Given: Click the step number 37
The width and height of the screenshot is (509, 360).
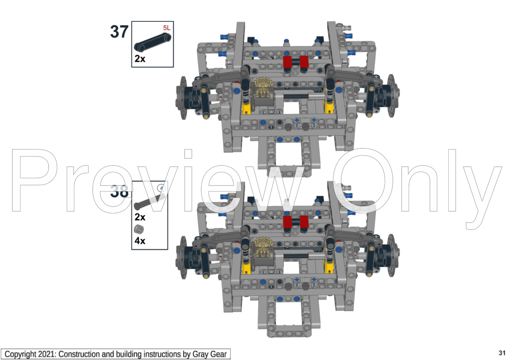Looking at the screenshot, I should click(x=119, y=32).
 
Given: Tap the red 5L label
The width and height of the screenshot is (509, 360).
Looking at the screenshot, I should click(x=166, y=28).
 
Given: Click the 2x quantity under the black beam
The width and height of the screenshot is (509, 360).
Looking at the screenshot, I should click(x=140, y=59).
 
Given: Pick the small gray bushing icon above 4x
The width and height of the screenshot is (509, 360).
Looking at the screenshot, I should click(x=138, y=229).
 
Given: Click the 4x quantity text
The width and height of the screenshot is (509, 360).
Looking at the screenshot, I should click(x=140, y=241).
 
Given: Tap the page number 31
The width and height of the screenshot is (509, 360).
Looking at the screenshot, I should click(x=502, y=353).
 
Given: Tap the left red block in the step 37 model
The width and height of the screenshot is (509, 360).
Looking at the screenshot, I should click(x=288, y=62).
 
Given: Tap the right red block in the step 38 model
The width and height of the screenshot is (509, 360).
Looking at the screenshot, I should click(x=304, y=221).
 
